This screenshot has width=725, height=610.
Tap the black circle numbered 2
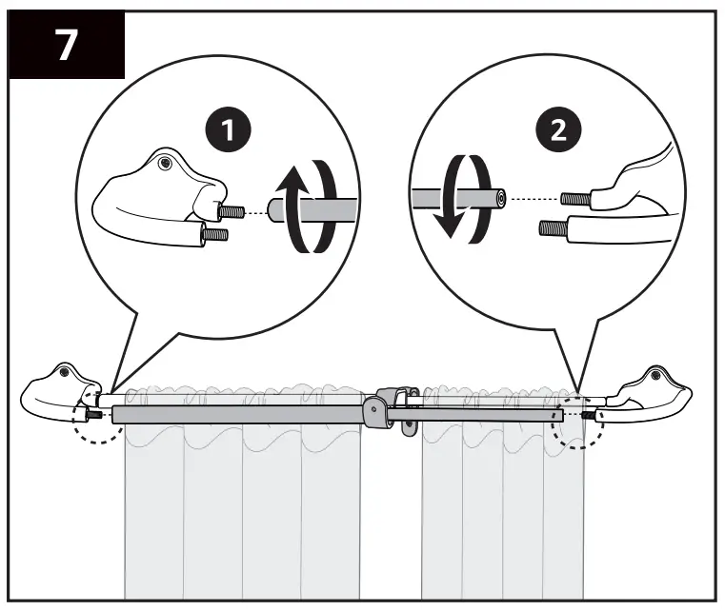click(557, 129)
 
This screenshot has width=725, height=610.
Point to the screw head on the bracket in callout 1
click(168, 163)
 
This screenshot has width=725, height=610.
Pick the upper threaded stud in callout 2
click(575, 200)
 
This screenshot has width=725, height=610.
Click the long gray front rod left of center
click(238, 414)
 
